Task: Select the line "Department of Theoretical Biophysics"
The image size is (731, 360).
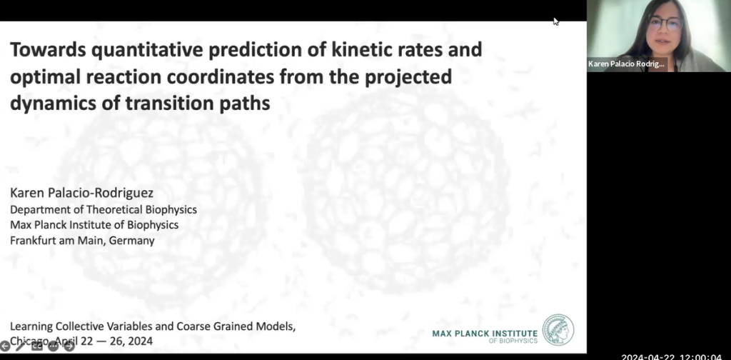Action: pos(103,209)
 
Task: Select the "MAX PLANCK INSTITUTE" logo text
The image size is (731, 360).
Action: pos(485,333)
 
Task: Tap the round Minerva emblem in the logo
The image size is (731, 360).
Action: pos(558,330)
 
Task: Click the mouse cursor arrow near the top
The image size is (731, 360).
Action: pos(555,21)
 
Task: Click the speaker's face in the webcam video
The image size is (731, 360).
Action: pos(665,28)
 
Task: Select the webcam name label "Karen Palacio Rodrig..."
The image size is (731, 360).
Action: pos(627,64)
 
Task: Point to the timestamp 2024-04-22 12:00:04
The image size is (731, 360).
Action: pos(671,356)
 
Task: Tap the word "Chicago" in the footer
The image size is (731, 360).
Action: pos(27,341)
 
